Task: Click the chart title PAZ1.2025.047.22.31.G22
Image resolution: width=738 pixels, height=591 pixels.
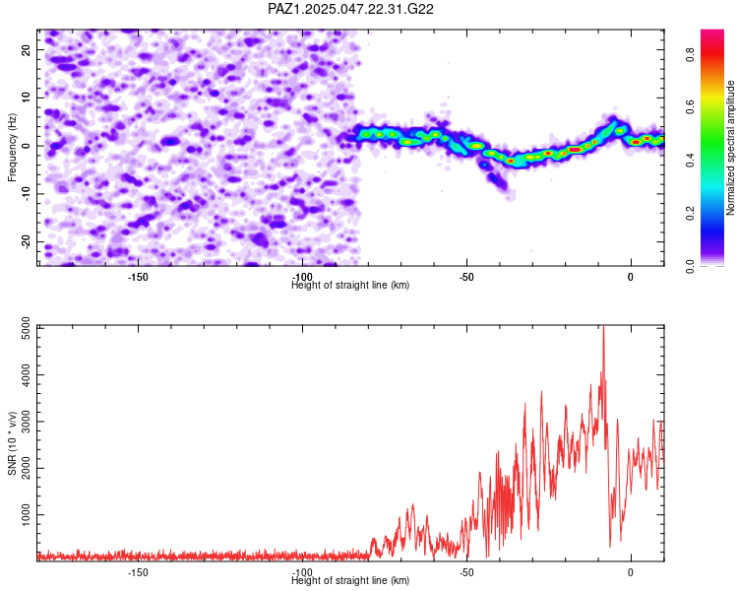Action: click(x=350, y=9)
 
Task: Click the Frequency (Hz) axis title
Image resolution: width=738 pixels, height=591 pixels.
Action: click(x=12, y=148)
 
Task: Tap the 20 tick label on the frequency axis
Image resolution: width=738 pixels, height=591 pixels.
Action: click(x=27, y=49)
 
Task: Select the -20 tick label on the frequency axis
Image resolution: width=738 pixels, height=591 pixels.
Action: click(x=27, y=241)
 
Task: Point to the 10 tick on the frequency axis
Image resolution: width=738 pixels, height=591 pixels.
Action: click(x=37, y=98)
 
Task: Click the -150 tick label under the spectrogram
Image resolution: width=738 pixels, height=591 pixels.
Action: click(x=138, y=277)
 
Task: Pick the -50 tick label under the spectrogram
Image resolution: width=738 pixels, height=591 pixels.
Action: click(x=466, y=277)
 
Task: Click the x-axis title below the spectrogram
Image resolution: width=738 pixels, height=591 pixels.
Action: click(x=350, y=285)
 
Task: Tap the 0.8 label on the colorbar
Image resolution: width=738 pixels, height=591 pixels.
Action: click(x=690, y=55)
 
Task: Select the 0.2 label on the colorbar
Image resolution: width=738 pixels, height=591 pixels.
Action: click(x=690, y=213)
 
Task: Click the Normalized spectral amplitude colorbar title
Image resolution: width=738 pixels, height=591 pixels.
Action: click(x=730, y=148)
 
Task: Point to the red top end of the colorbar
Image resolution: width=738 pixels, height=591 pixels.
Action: click(x=712, y=31)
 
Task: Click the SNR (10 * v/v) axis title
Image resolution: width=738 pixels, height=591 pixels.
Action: click(x=12, y=443)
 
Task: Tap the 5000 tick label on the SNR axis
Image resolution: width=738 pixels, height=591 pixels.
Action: click(x=27, y=328)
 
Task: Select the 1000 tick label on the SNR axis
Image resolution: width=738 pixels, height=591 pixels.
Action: click(x=27, y=514)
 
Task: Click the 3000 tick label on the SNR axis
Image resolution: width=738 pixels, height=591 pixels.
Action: click(x=27, y=422)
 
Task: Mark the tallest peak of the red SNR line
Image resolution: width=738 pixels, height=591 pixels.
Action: click(x=603, y=326)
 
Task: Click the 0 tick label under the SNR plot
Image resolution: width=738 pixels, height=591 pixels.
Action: click(x=631, y=572)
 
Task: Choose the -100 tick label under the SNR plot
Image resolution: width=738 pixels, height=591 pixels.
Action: click(x=302, y=572)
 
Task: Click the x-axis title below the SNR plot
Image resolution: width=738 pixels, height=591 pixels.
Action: click(x=350, y=580)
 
